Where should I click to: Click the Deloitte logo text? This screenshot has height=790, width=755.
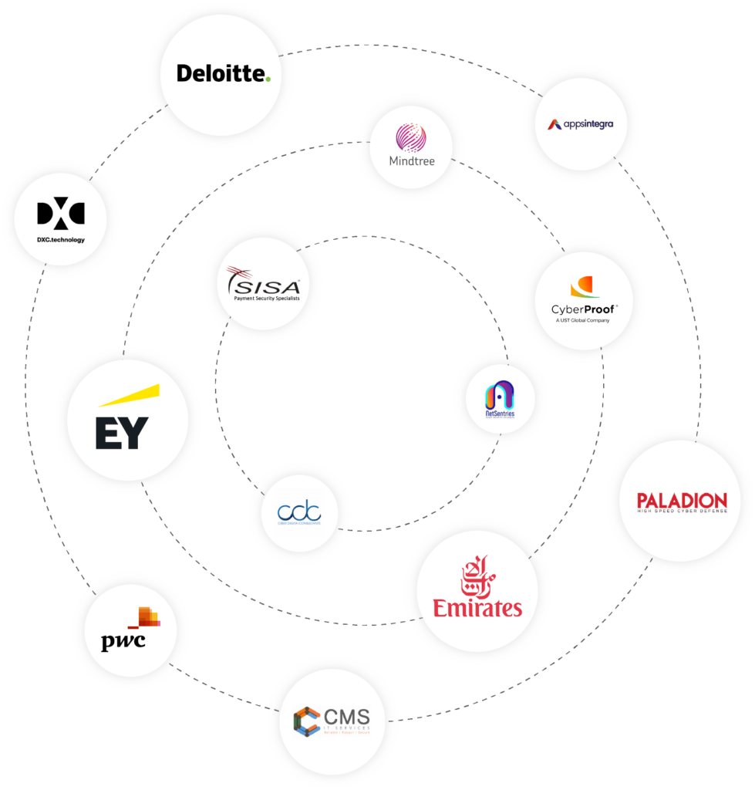(x=221, y=73)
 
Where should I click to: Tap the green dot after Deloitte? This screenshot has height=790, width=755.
(x=268, y=78)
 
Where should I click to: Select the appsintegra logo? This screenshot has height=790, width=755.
(x=581, y=123)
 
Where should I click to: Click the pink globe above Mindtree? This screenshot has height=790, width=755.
(x=411, y=137)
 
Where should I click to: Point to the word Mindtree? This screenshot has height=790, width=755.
(x=411, y=161)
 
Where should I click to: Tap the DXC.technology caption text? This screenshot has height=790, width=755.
(x=60, y=239)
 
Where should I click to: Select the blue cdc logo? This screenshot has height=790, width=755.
(x=300, y=511)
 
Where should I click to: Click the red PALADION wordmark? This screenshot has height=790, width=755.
(x=683, y=501)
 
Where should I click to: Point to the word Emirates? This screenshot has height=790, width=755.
(x=477, y=608)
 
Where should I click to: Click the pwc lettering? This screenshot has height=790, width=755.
(x=123, y=642)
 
